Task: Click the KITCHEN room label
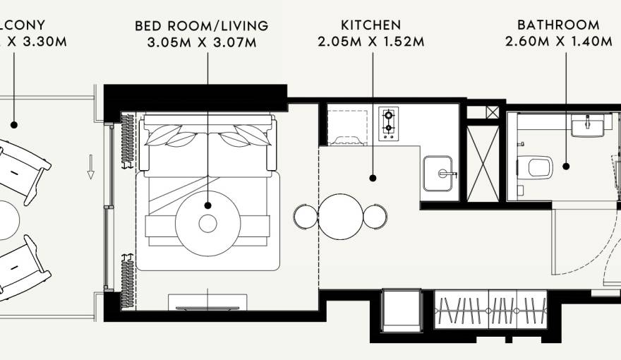[x=370, y=25]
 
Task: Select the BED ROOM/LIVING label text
[x=202, y=26]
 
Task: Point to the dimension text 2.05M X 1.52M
[x=370, y=42]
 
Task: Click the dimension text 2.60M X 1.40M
[x=558, y=42]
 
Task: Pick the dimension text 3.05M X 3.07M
[x=202, y=42]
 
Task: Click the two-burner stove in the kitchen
[x=388, y=124]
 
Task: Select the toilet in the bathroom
[x=538, y=167]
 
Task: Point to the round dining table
[x=340, y=216]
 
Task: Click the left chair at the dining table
[x=305, y=216]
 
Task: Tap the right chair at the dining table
[x=375, y=216]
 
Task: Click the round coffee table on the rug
[x=207, y=223]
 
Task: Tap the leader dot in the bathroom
[x=566, y=167]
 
